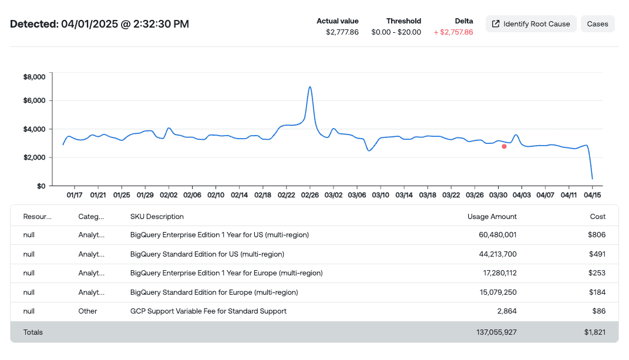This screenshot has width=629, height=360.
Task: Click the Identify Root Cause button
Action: (x=531, y=24)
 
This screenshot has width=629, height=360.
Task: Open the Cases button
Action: (x=597, y=24)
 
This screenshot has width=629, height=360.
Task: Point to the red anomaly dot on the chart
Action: (x=504, y=146)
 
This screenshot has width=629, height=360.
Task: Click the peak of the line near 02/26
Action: (x=310, y=87)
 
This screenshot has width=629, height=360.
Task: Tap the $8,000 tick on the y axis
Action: (x=34, y=77)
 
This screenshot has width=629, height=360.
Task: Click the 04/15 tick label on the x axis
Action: (x=592, y=195)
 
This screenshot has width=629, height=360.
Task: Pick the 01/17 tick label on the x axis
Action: (x=75, y=195)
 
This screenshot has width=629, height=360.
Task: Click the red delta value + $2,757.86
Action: (x=453, y=32)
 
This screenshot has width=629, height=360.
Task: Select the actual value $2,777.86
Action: (x=342, y=32)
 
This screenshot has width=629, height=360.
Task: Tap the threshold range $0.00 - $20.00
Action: (x=396, y=32)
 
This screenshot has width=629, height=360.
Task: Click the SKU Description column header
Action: (x=157, y=217)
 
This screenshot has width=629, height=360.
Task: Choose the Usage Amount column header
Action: (x=492, y=217)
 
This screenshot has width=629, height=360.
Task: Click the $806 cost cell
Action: (x=597, y=235)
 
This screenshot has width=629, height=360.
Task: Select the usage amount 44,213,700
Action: (x=493, y=254)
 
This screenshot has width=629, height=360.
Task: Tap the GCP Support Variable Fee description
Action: (x=208, y=311)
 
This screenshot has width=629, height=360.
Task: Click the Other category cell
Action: (x=88, y=311)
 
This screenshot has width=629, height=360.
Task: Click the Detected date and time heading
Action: (x=100, y=24)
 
